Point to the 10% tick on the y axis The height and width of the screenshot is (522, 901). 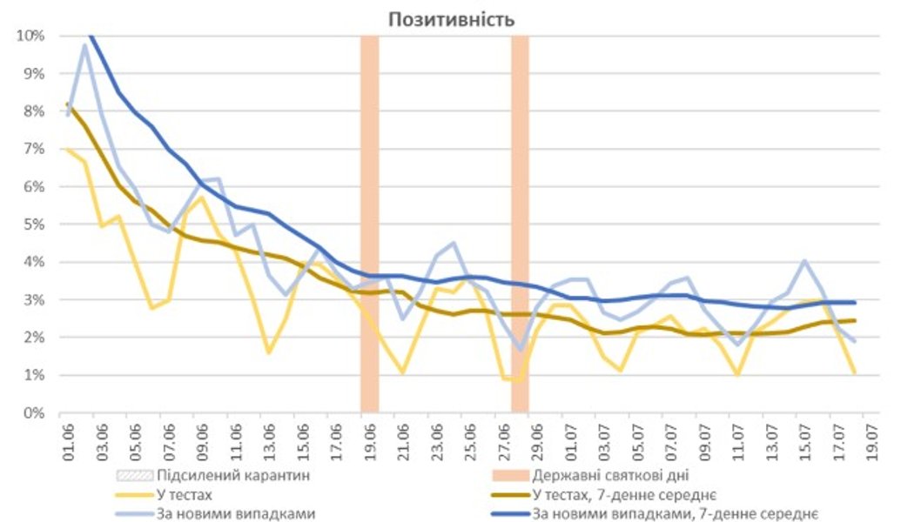[31, 36]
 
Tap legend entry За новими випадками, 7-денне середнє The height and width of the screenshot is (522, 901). [679, 513]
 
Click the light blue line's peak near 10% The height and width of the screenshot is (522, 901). [85, 44]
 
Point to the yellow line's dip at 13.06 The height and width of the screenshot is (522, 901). [269, 352]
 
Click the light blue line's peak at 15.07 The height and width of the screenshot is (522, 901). [804, 260]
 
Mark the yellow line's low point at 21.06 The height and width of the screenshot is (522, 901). [402, 372]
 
